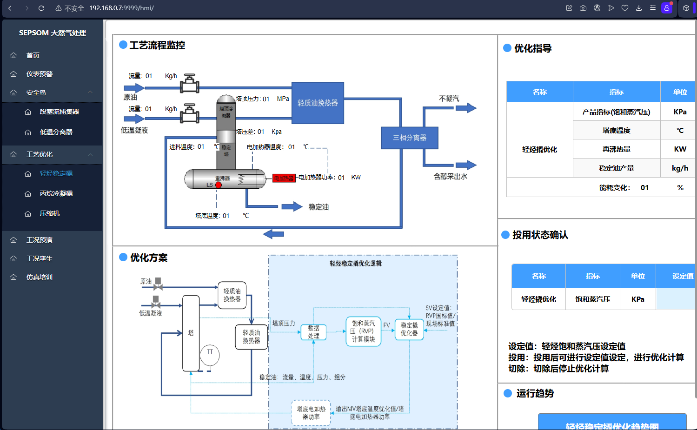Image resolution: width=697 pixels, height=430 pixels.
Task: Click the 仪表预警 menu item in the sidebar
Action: point(40,74)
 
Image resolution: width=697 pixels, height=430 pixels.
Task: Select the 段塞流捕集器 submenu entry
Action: point(59,112)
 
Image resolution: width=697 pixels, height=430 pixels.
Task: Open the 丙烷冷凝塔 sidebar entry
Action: point(56,193)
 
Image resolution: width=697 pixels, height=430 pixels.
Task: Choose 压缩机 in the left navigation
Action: point(50,213)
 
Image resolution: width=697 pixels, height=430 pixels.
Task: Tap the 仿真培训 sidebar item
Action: point(40,277)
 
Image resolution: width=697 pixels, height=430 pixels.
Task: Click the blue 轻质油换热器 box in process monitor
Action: point(318,103)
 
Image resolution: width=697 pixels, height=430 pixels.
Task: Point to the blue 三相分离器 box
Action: point(409,138)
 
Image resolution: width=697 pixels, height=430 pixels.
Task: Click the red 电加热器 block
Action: point(284,178)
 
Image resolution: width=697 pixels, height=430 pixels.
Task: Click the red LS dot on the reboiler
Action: point(219,185)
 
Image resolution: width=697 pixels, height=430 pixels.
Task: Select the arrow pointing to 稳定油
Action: point(292,206)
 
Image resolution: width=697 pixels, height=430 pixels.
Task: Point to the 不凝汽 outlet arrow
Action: point(465,108)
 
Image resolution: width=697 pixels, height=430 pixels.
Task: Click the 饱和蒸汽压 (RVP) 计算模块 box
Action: point(363,331)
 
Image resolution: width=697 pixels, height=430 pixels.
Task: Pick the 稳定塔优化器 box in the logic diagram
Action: point(409,329)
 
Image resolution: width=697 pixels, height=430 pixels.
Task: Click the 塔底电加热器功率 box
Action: point(311,413)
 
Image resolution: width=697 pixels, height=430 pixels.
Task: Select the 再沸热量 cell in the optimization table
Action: point(617,149)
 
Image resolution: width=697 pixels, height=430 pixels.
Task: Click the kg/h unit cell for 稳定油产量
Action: point(680,168)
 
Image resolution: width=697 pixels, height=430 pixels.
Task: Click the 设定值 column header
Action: point(682,276)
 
